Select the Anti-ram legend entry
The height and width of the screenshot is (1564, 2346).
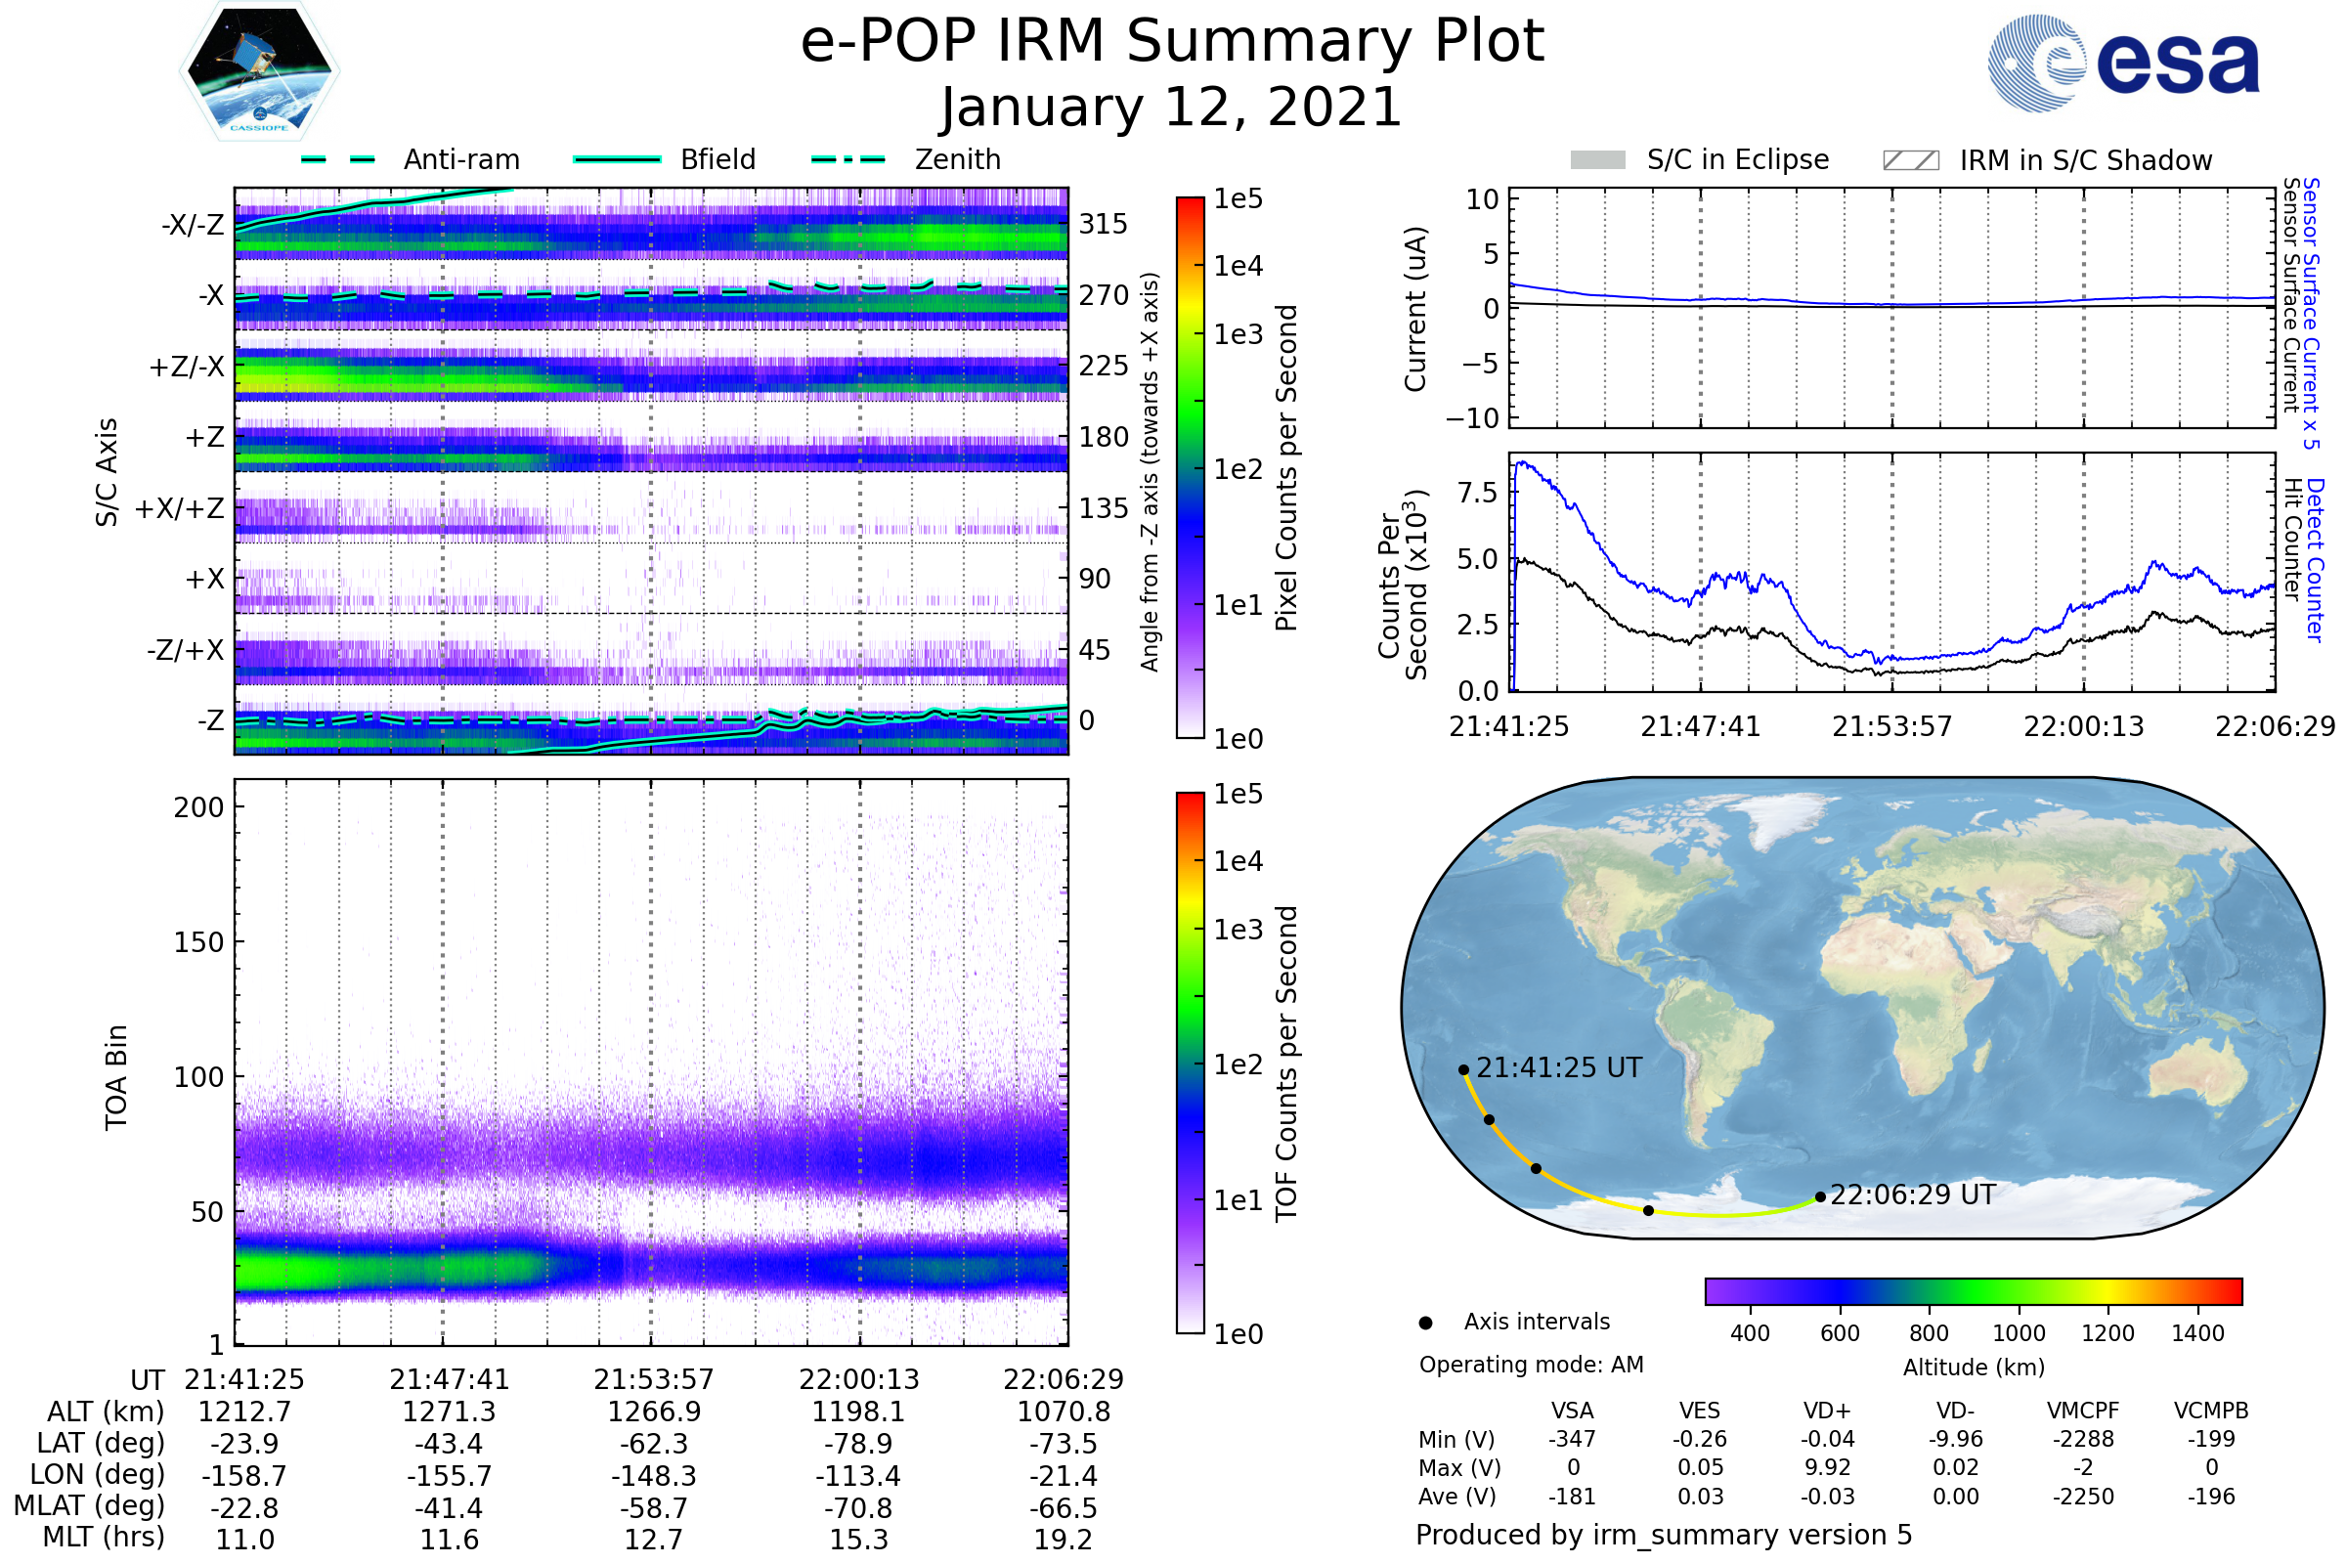pos(460,159)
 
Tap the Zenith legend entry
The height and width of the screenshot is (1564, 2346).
pos(957,159)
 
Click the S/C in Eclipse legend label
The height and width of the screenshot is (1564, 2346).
pos(1737,159)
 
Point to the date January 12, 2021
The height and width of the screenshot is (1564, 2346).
pos(1171,108)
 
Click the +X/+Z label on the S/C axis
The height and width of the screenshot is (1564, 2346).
pos(180,508)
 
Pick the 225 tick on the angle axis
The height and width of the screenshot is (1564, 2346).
pos(1104,366)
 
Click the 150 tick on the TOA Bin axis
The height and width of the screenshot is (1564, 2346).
pos(198,942)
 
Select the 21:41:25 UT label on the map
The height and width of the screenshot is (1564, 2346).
pos(1558,1068)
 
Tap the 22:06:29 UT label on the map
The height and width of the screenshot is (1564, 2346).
pos(1912,1195)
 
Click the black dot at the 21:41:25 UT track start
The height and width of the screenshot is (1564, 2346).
pos(1463,1070)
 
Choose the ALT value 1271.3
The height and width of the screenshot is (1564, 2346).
pos(449,1412)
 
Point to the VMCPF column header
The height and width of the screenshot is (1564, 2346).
pos(2083,1412)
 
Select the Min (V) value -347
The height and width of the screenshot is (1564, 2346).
pos(1572,1439)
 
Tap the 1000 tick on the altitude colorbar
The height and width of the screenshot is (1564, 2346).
pos(2018,1333)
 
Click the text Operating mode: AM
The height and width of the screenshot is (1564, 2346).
pos(1531,1365)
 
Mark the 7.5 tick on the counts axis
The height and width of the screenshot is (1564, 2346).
pos(1477,492)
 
